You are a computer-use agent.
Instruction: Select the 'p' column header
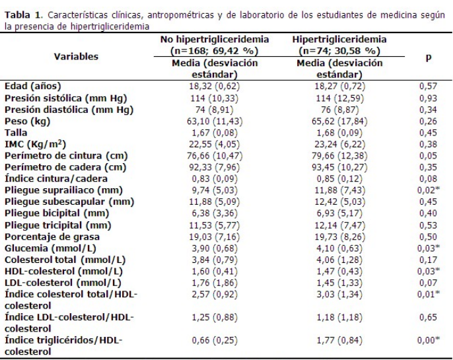[x=428, y=57]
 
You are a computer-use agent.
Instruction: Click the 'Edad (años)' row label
[x=30, y=86]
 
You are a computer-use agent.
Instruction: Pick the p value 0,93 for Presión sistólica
[x=429, y=98]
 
